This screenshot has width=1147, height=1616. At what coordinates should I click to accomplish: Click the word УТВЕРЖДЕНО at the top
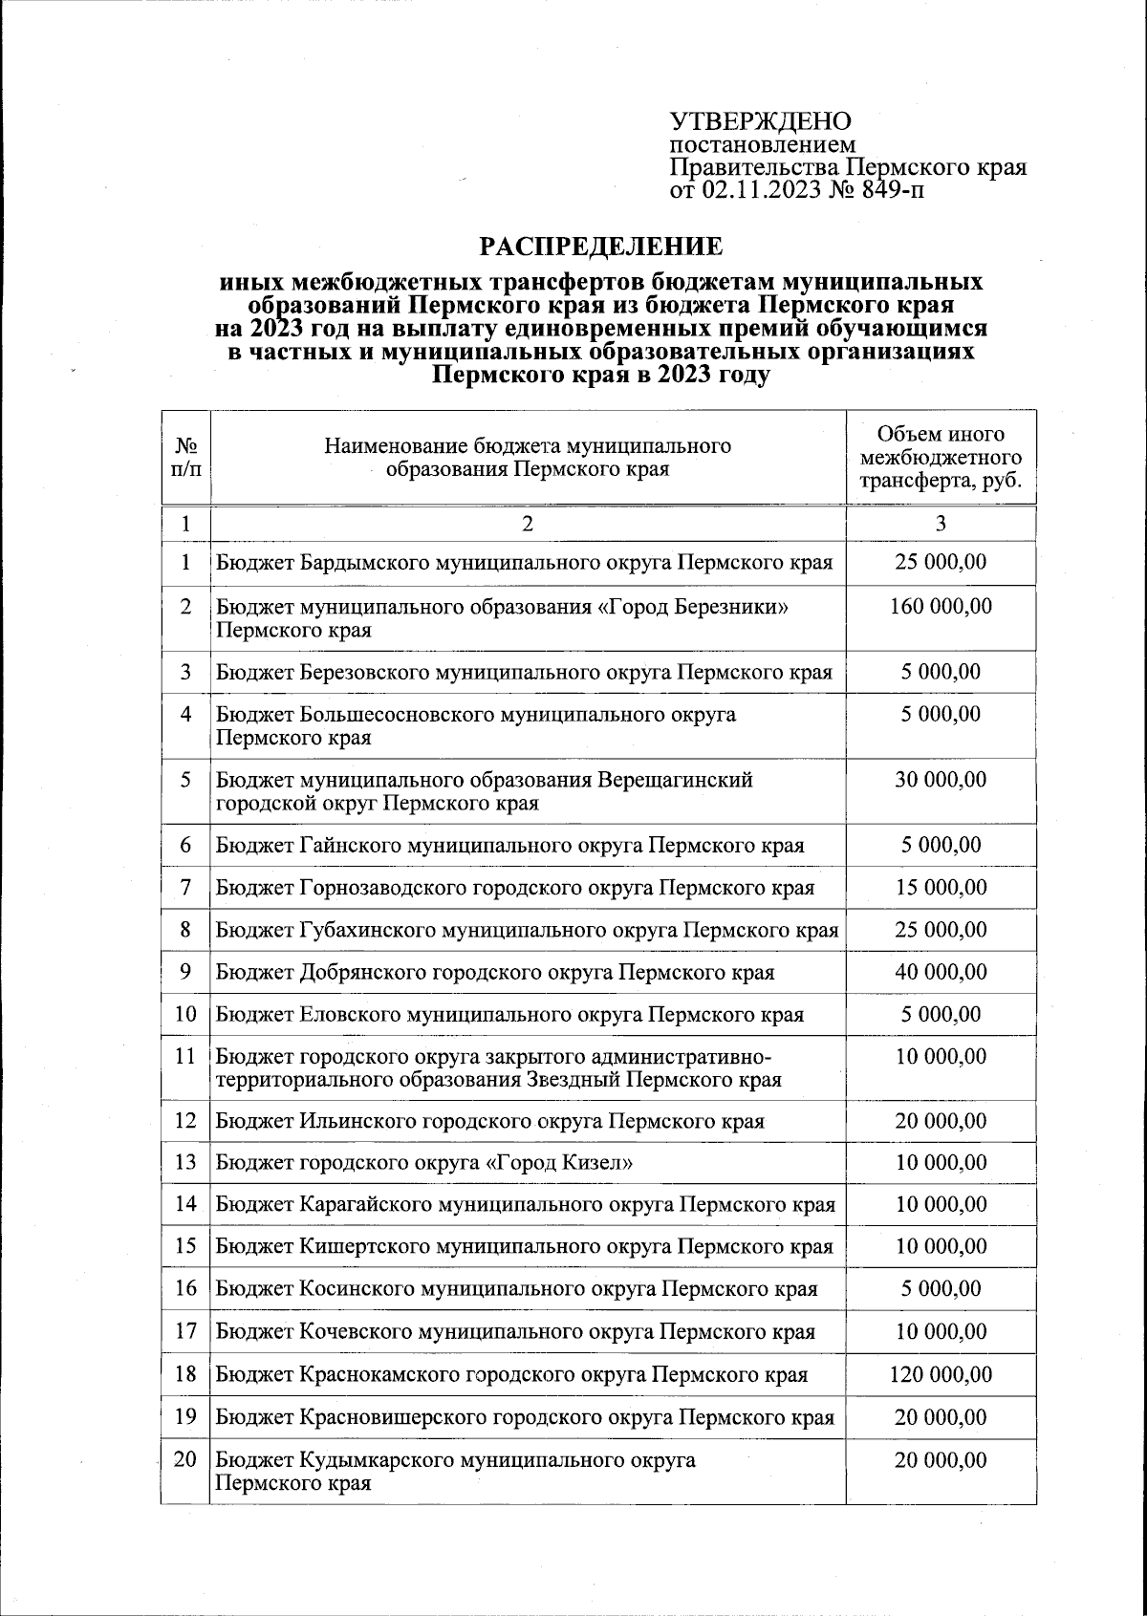[760, 122]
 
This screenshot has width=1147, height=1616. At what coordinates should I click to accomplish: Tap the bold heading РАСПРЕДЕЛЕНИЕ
[601, 247]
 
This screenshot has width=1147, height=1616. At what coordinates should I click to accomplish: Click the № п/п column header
[185, 458]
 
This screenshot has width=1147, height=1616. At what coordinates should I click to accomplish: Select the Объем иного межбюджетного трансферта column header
[941, 458]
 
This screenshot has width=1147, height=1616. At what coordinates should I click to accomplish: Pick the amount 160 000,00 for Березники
[941, 606]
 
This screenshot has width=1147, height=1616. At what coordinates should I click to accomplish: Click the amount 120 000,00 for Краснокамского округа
[941, 1374]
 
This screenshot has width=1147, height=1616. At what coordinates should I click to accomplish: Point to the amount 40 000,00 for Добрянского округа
[941, 972]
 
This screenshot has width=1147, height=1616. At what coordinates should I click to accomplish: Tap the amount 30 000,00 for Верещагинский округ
[941, 780]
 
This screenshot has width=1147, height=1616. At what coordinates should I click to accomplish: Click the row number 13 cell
[185, 1162]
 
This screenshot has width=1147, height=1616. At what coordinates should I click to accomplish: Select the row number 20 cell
[185, 1459]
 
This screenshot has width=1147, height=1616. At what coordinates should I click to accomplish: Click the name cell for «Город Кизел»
[425, 1162]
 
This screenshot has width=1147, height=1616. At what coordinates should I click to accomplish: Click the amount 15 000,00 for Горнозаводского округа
[941, 888]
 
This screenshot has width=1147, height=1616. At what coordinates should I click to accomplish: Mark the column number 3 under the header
[941, 523]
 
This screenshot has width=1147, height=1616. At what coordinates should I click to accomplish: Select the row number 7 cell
[185, 888]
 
